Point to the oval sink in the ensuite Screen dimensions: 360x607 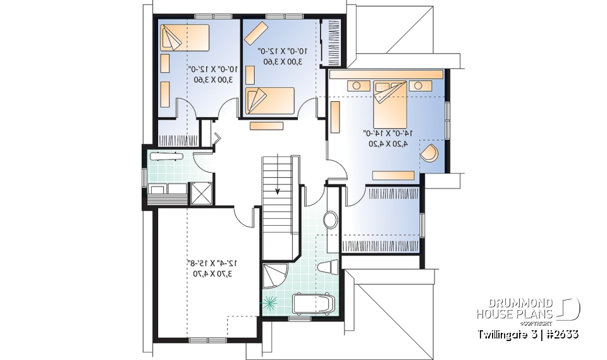tap(331, 220)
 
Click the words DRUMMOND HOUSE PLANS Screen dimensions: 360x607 tap(515, 309)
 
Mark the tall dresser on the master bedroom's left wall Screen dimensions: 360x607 tap(335, 116)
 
